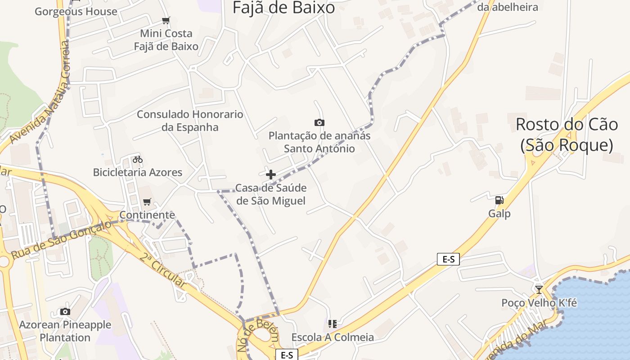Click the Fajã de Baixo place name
pyautogui.click(x=283, y=8)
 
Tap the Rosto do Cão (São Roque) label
pyautogui.click(x=567, y=135)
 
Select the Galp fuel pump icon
pyautogui.click(x=499, y=200)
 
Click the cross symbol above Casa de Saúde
pyautogui.click(x=271, y=175)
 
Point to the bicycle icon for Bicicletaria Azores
pyautogui.click(x=138, y=159)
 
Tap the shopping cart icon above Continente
pyautogui.click(x=147, y=202)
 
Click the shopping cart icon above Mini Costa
pyautogui.click(x=166, y=20)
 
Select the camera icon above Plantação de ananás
pyautogui.click(x=319, y=122)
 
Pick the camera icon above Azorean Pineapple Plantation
pyautogui.click(x=65, y=311)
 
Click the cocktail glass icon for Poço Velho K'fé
pyautogui.click(x=539, y=289)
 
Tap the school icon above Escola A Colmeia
pyautogui.click(x=333, y=324)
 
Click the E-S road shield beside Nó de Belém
pyautogui.click(x=287, y=355)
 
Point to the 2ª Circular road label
pyautogui.click(x=162, y=270)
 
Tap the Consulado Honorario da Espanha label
pyautogui.click(x=190, y=121)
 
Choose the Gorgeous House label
pyautogui.click(x=76, y=11)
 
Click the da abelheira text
pyautogui.click(x=507, y=7)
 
